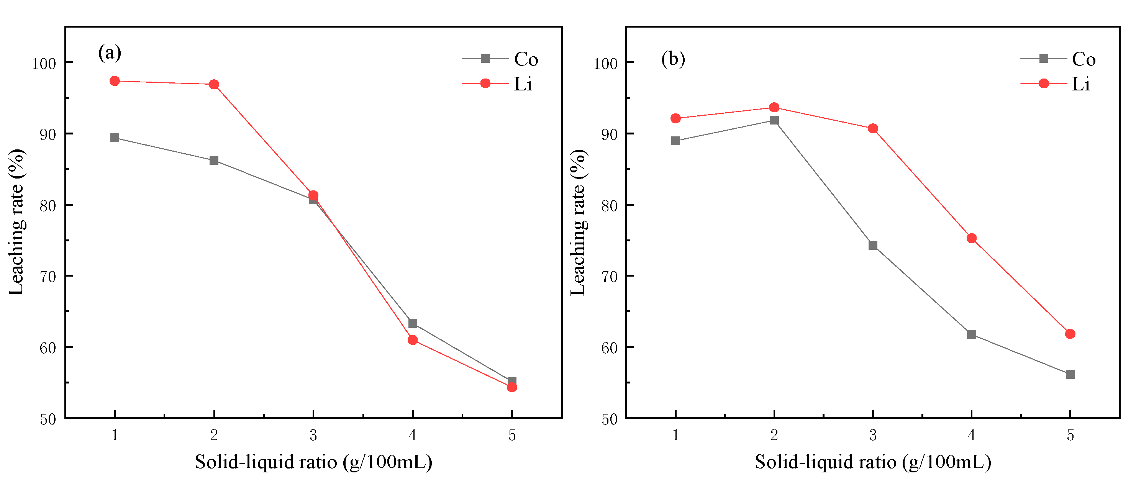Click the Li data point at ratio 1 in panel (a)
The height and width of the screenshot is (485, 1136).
coord(115,81)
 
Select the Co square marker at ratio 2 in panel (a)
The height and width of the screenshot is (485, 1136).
coord(214,161)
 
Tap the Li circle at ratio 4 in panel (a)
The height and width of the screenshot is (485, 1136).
coord(413,340)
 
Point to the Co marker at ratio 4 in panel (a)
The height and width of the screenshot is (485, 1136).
coord(413,324)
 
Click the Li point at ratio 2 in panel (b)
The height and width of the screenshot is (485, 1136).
coord(774,108)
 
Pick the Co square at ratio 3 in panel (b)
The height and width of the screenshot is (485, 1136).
coord(873,246)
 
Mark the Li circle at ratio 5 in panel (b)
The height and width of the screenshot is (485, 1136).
coord(1070,334)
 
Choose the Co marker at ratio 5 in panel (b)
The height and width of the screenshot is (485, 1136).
coord(1070,374)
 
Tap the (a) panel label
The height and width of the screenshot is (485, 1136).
coord(109,53)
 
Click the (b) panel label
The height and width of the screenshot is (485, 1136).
coord(673,59)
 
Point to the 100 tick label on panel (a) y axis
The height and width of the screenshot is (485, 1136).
coord(44,64)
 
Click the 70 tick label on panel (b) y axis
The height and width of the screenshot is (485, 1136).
coord(609,277)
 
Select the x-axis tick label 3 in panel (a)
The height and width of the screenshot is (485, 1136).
coord(313,436)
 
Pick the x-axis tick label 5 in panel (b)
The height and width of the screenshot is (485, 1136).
coord(1070,436)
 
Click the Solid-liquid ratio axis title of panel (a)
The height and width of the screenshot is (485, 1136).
coord(313,462)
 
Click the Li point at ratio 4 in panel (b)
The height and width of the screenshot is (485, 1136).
coord(972,239)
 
